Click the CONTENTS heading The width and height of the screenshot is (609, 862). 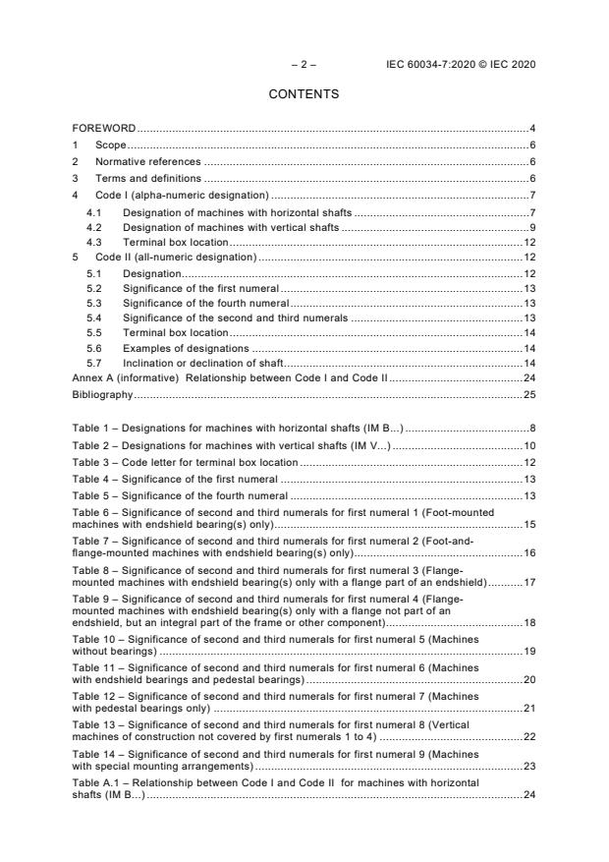304,94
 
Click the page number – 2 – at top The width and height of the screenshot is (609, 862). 304,65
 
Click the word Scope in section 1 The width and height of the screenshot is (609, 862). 110,145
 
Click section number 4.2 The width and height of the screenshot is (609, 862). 93,227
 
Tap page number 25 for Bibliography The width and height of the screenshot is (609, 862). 528,394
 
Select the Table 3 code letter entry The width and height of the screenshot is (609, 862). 186,462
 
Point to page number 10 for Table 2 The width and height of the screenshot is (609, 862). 528,446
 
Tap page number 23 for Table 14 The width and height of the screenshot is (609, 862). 528,765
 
